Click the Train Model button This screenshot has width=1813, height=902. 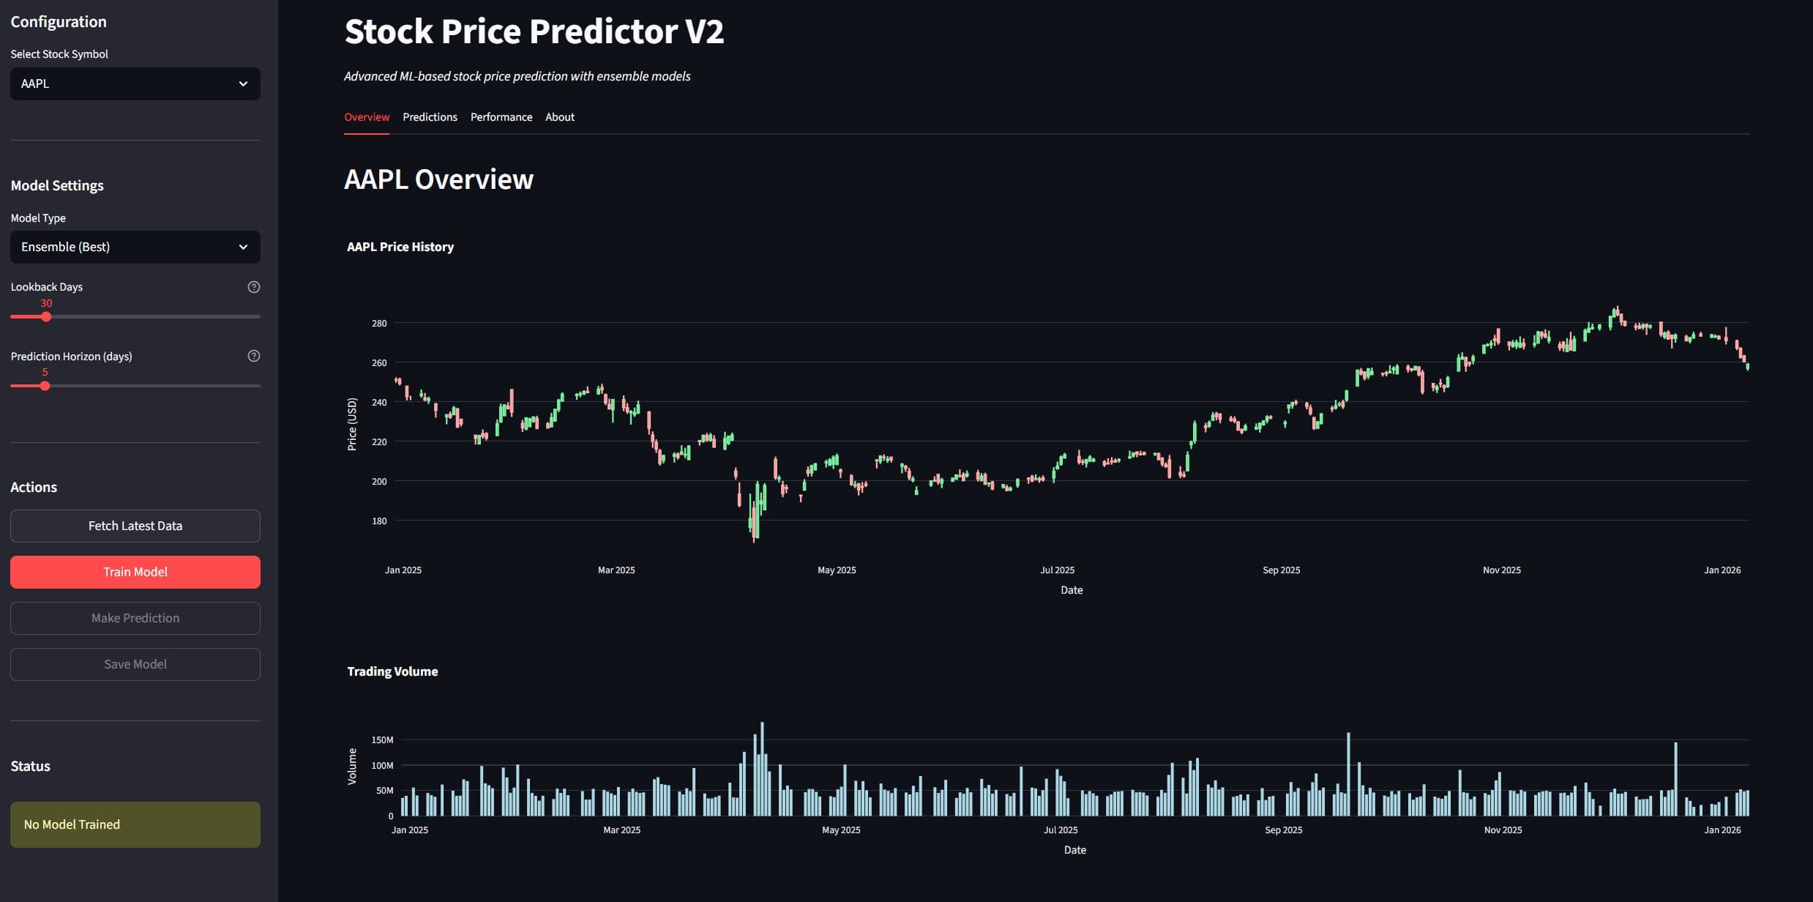click(135, 572)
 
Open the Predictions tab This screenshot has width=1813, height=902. click(430, 117)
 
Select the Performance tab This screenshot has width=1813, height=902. click(501, 117)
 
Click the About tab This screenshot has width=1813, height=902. click(560, 117)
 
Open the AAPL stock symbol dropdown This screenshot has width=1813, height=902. click(135, 83)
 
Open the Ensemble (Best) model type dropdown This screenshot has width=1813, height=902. click(135, 247)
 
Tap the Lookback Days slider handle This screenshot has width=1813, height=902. click(46, 317)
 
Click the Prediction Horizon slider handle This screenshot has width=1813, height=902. click(45, 386)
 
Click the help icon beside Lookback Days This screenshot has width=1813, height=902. click(254, 287)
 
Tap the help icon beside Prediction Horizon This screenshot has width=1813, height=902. click(254, 356)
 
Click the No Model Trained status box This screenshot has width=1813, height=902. click(135, 824)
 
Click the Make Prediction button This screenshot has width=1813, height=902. click(135, 618)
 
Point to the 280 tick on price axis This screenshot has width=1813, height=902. click(379, 323)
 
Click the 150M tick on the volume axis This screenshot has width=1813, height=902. click(382, 740)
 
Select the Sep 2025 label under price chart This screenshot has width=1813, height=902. click(1281, 570)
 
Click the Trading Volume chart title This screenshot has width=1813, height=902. click(392, 671)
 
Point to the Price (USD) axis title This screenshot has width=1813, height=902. click(352, 424)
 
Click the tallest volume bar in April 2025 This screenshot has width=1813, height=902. click(762, 769)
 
